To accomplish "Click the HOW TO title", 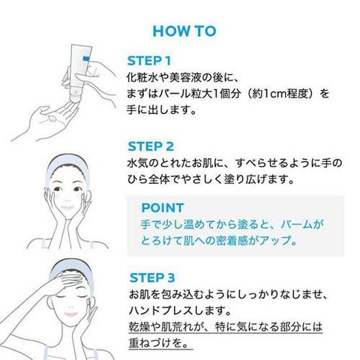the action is click(184, 31).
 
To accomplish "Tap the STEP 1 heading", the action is click(149, 61).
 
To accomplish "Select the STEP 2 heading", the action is click(151, 146).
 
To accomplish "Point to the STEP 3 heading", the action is click(152, 277).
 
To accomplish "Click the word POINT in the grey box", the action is click(163, 208).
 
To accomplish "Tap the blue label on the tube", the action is click(86, 59).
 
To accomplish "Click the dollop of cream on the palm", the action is click(52, 118).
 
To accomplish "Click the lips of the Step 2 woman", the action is click(67, 208).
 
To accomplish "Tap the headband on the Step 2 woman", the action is click(66, 163).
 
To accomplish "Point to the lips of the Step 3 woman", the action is click(70, 313).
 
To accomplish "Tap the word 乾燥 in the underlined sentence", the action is click(139, 327).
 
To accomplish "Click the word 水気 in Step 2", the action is click(138, 163).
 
